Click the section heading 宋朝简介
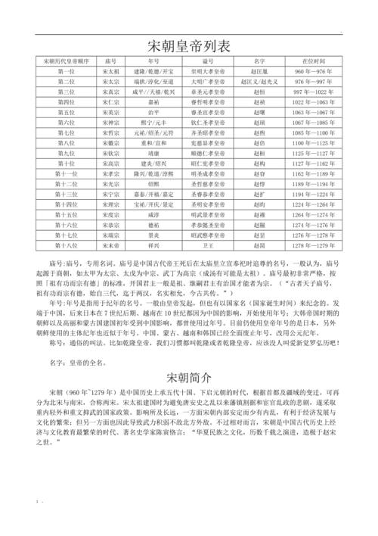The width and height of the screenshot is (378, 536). coord(188,376)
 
